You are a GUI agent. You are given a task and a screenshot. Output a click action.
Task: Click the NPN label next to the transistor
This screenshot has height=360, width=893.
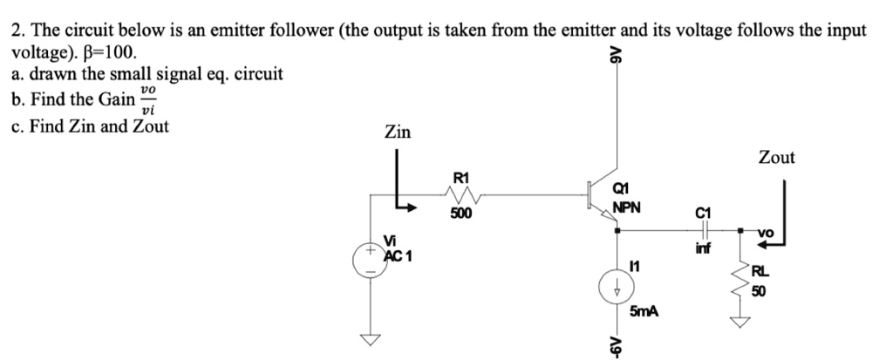pos(627,208)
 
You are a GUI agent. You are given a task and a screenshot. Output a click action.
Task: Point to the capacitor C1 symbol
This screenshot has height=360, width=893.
pos(704,230)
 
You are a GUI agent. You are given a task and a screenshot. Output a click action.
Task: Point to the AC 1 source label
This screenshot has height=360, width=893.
pos(398,256)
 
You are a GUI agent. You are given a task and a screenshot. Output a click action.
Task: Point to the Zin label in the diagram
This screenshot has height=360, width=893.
pos(398,132)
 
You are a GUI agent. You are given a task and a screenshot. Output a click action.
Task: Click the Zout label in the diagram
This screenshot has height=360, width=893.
pos(776,158)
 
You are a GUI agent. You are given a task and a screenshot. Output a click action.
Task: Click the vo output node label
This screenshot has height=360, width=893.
pos(765,233)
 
